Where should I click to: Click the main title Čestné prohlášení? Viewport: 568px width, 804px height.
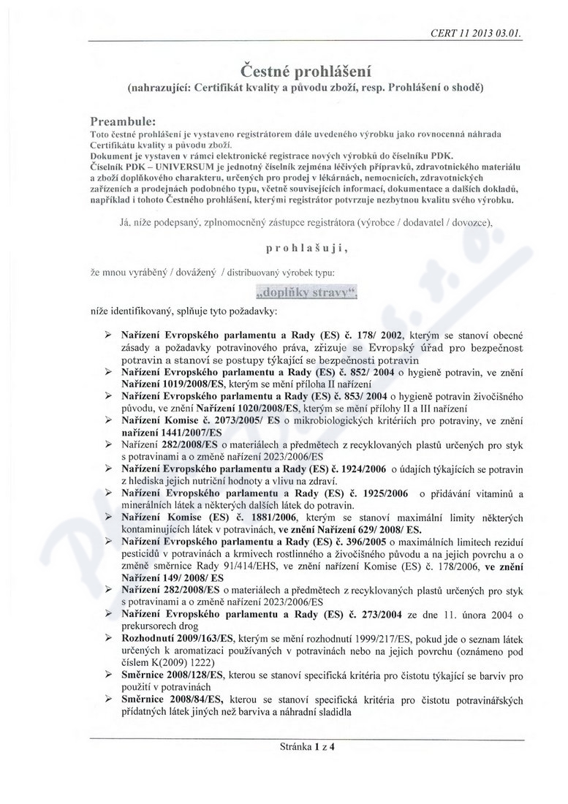click(x=307, y=70)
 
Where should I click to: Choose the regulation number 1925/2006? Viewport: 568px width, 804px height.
click(x=380, y=493)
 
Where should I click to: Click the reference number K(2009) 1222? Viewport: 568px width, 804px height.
click(x=163, y=662)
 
